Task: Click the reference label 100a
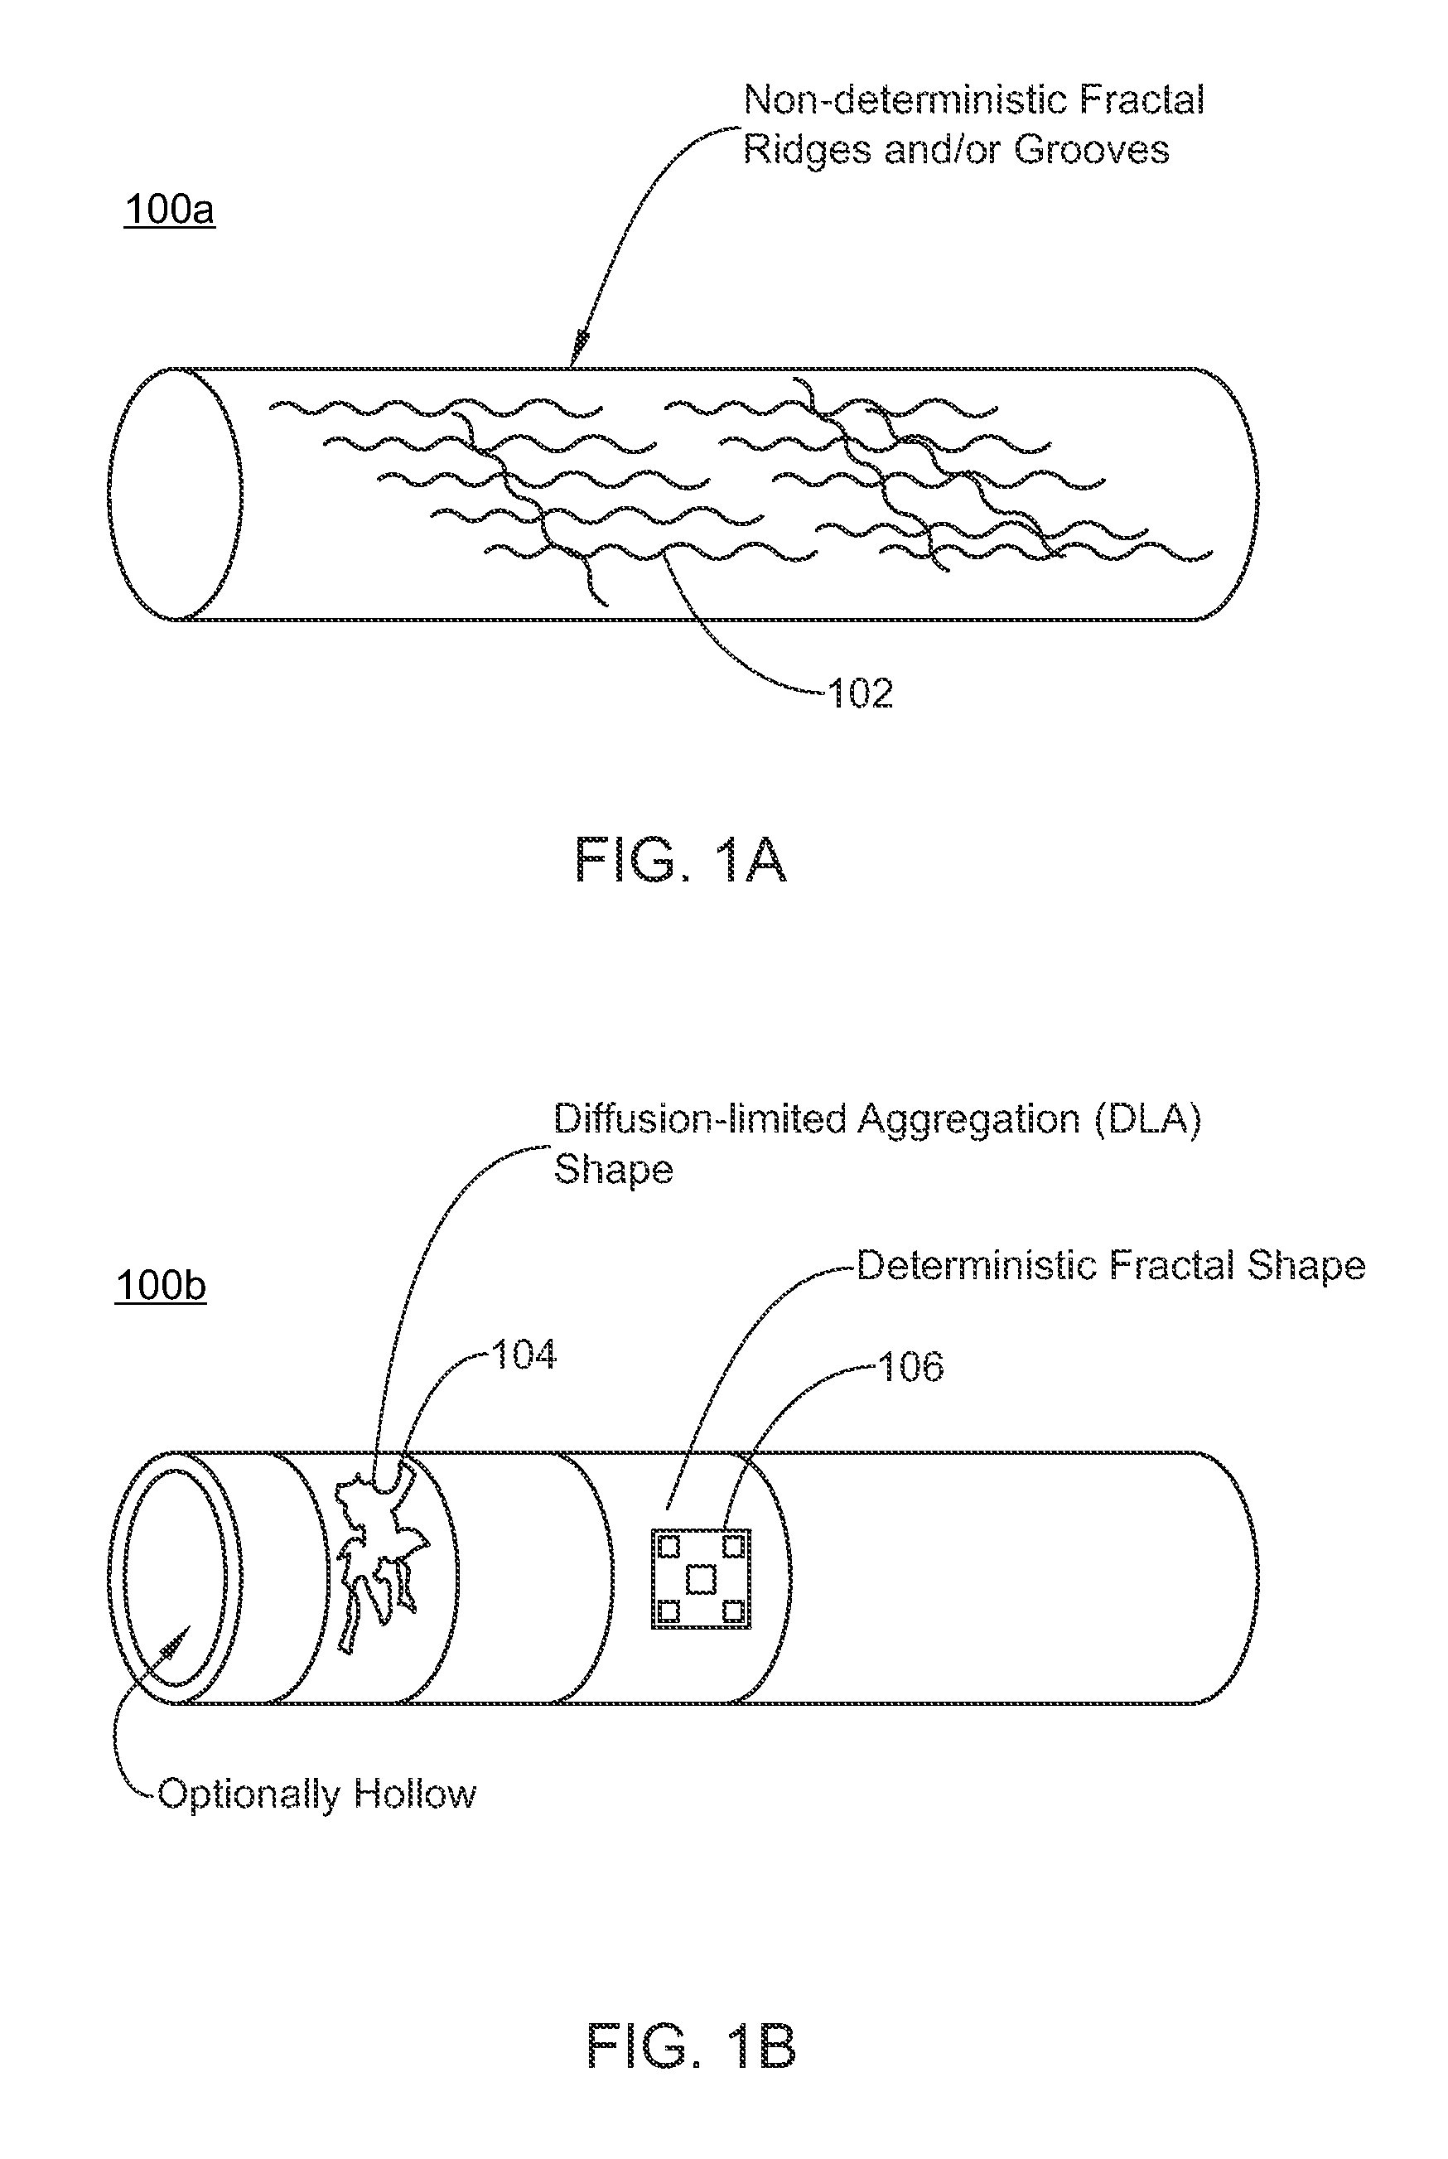pos(169,210)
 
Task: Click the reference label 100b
pos(161,1286)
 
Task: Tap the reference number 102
pos(861,693)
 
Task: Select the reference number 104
pos(524,1355)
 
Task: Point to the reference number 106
pos(910,1368)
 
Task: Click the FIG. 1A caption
pos(681,860)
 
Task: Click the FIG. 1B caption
pos(691,2045)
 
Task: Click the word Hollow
pos(415,1794)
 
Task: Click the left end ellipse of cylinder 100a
pos(176,494)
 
